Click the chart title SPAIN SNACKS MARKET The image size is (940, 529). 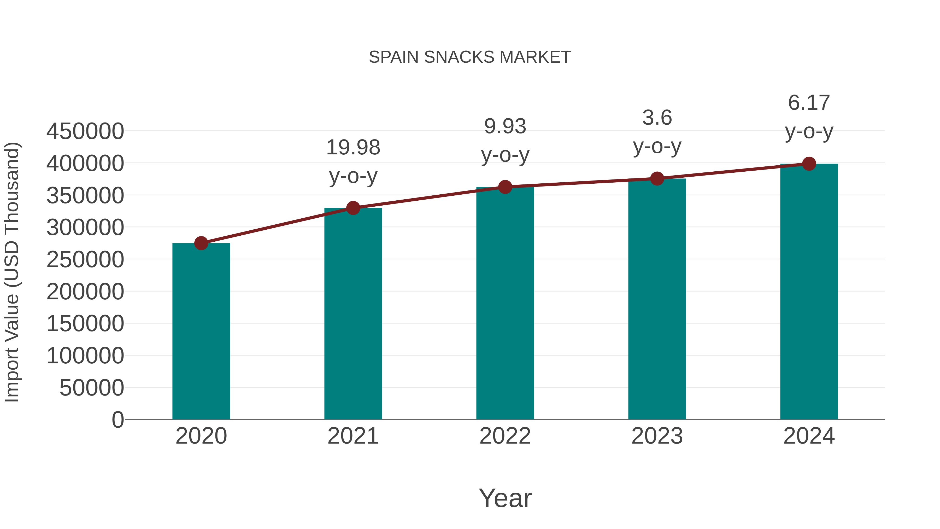pyautogui.click(x=470, y=57)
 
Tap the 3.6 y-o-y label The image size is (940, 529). pyautogui.click(x=657, y=132)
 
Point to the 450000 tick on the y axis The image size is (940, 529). pyautogui.click(x=85, y=131)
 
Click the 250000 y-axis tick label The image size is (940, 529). pyautogui.click(x=85, y=260)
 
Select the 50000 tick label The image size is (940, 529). pyautogui.click(x=92, y=388)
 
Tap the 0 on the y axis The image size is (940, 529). pyautogui.click(x=118, y=420)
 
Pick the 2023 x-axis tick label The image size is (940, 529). pyautogui.click(x=657, y=436)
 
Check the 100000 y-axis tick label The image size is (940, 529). pyautogui.click(x=85, y=356)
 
